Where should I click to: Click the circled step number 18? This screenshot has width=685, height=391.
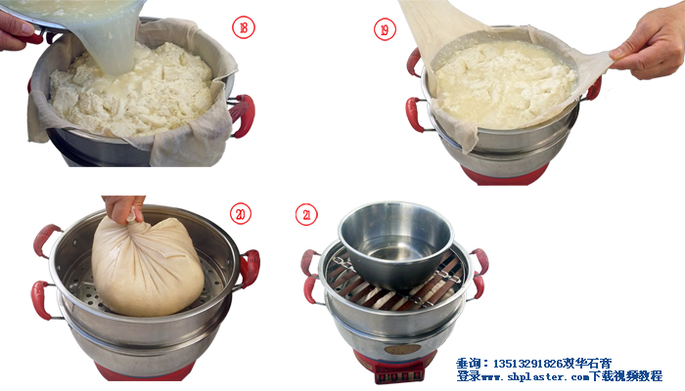(243, 28)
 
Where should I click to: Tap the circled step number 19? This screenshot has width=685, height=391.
(385, 29)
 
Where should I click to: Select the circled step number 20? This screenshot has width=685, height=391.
(241, 214)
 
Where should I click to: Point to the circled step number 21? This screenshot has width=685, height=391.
(306, 215)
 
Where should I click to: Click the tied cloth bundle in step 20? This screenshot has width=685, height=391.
(147, 266)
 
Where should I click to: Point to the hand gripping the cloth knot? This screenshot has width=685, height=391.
(123, 207)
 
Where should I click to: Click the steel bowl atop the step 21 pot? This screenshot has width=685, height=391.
(395, 245)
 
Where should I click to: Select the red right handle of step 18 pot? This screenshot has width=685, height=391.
(242, 114)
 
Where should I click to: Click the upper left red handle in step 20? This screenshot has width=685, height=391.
(46, 239)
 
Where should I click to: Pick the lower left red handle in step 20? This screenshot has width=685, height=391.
(42, 299)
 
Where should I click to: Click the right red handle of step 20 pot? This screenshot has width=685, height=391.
(250, 267)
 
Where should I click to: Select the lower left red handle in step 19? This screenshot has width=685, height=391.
(415, 114)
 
